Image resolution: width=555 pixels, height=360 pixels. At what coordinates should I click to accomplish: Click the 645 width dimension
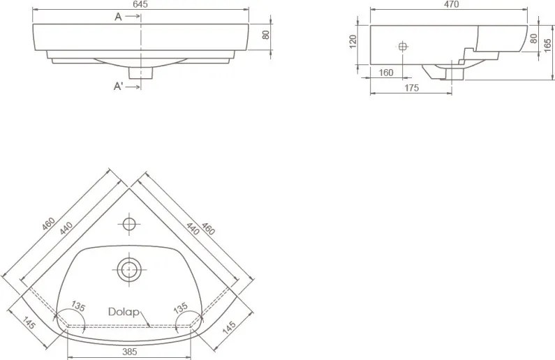pos(141,4)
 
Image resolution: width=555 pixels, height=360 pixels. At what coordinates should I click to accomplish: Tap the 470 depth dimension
pos(451,4)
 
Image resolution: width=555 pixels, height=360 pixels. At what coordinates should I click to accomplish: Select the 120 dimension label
pos(353,42)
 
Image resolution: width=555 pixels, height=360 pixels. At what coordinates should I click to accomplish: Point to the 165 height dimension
pos(547,45)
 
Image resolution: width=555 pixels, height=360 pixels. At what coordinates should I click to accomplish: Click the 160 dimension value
pos(386,73)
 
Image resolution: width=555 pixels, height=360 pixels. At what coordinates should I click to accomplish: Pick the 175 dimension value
pos(411,88)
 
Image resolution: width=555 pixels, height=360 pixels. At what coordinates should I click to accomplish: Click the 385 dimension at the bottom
pos(130,352)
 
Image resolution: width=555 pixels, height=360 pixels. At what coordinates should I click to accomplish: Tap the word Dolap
pos(124,312)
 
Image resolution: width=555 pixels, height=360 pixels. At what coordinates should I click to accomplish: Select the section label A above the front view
pos(118,17)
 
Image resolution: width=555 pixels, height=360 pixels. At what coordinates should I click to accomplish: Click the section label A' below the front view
pos(119,86)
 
